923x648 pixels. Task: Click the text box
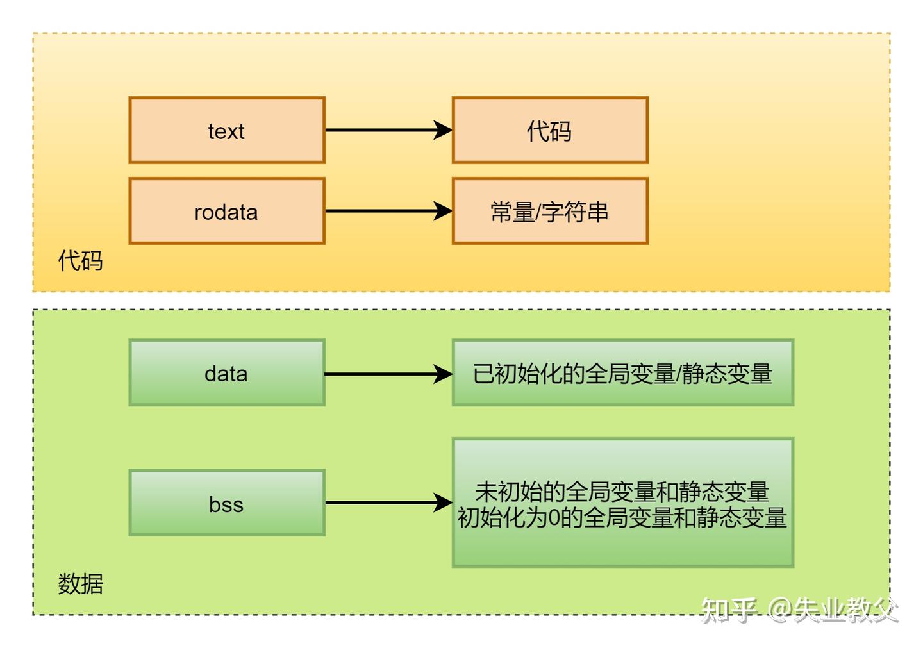tap(227, 130)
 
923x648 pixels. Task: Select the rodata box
tap(227, 211)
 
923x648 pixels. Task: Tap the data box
tap(227, 373)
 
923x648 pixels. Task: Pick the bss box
tap(227, 503)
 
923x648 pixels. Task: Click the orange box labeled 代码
tap(550, 130)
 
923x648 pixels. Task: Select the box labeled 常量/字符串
tap(550, 211)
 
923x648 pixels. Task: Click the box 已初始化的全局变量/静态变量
tap(622, 373)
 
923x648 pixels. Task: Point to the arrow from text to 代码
tap(385, 130)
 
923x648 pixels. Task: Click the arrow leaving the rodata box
tap(385, 211)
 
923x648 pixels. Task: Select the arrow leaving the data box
tap(385, 374)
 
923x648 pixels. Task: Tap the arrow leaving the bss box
tap(385, 503)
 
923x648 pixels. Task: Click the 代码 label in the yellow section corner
tap(80, 261)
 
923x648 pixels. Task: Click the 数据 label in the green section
tap(80, 584)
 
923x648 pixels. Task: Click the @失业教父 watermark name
tap(833, 610)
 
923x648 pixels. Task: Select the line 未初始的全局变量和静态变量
tap(622, 492)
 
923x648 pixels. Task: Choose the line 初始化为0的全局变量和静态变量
tap(622, 517)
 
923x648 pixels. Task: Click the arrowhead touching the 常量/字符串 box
tap(444, 211)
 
